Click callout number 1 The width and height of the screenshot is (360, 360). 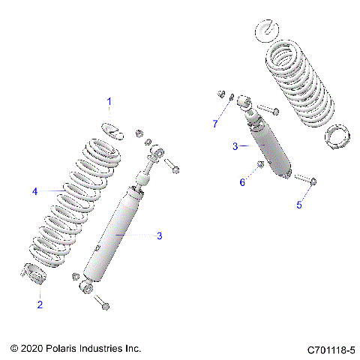[109, 100]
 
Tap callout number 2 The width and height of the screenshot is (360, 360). [40, 304]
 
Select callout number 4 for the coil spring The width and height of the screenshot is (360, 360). [34, 191]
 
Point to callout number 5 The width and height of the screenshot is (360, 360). [298, 204]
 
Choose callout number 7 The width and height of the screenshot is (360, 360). [214, 122]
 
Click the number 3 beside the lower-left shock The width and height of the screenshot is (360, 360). [158, 235]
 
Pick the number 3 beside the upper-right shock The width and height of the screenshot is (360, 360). [235, 146]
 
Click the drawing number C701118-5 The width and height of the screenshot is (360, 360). [331, 349]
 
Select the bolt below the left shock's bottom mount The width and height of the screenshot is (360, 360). [102, 304]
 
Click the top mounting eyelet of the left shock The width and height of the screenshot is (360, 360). [159, 152]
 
